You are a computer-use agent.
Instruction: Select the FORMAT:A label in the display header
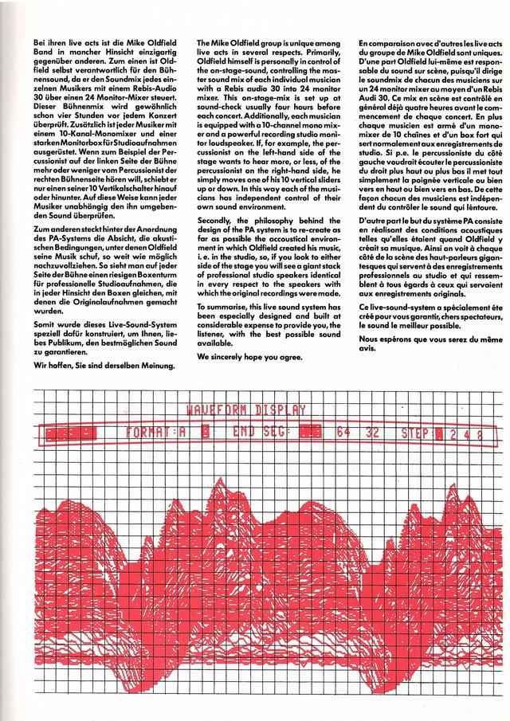156,434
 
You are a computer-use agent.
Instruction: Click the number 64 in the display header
343,434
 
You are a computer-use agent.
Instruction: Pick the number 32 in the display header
372,434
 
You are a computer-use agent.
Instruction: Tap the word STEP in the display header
414,434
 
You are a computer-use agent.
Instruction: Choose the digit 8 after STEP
479,434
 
